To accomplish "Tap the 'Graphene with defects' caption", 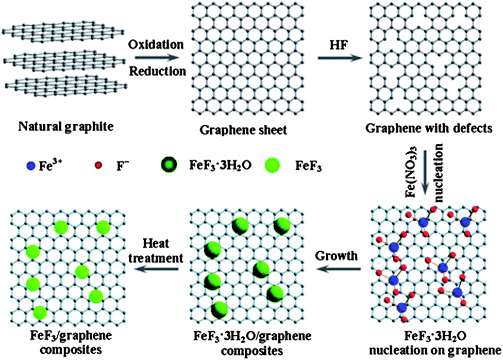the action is click(x=431, y=128).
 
